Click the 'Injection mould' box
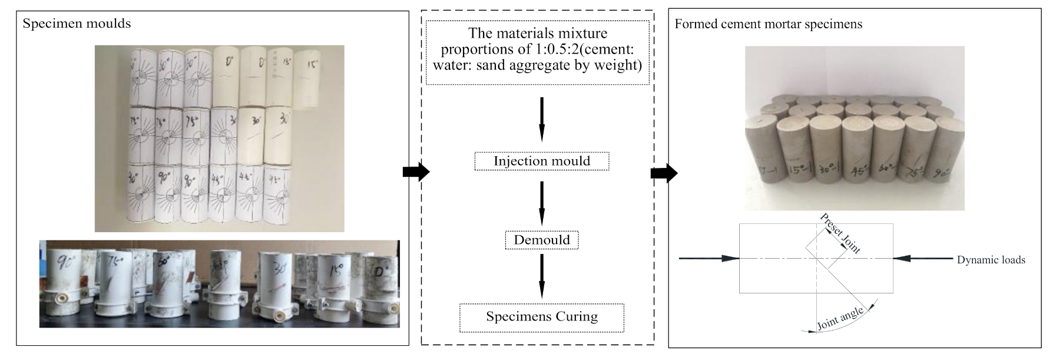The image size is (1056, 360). (x=541, y=161)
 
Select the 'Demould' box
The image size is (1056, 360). (x=541, y=240)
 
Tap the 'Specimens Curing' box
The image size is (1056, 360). (x=541, y=317)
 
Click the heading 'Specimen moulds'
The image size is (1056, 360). (x=77, y=24)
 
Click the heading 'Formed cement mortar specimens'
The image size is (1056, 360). (x=768, y=24)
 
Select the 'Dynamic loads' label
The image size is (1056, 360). (x=991, y=260)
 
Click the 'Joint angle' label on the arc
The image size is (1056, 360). (x=840, y=319)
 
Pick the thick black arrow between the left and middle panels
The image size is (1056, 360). (x=416, y=171)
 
